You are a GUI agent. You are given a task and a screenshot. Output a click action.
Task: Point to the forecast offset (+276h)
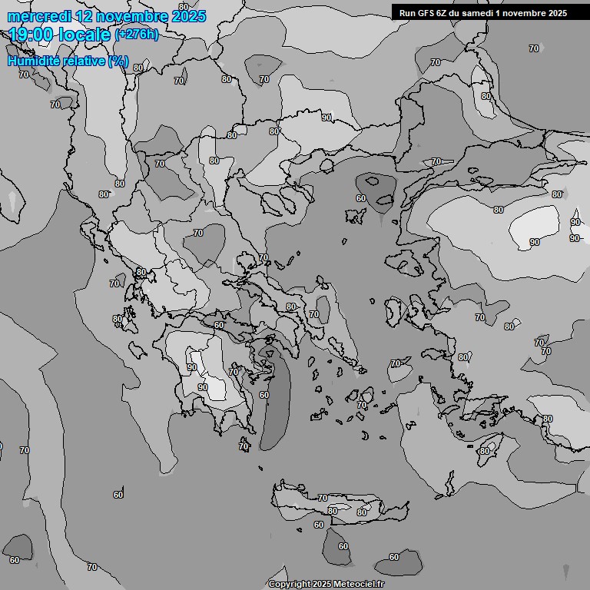136,35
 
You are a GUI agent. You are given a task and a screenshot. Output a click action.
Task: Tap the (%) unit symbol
118,61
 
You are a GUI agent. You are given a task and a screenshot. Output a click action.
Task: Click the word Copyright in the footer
290,585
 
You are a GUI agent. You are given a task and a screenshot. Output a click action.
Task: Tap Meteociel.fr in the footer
359,585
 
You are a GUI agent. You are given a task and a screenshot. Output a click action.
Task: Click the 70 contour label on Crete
323,498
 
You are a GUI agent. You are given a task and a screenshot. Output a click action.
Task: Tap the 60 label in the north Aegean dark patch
361,198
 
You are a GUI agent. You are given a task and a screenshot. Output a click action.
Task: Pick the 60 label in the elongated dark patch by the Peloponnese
264,395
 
